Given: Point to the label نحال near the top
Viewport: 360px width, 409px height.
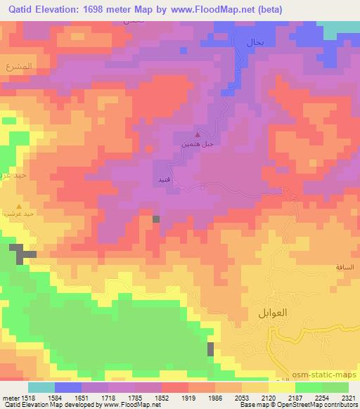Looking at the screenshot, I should tap(254, 43).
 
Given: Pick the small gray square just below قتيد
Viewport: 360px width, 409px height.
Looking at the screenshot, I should tap(156, 219).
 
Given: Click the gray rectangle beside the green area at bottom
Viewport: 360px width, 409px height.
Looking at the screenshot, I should tap(210, 349).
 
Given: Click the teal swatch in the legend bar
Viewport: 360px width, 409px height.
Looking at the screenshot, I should tap(41, 387).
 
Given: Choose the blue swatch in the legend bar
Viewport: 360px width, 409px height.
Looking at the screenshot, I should tap(68, 387).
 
